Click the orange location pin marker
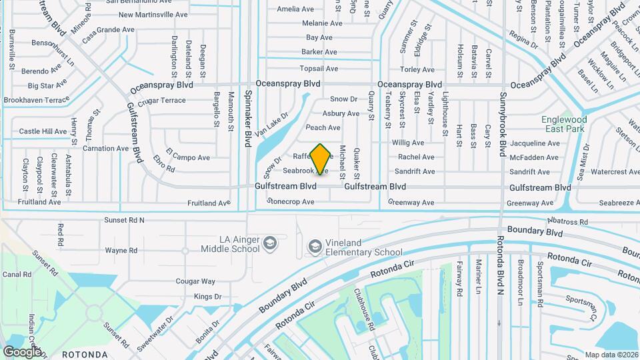pos(321,159)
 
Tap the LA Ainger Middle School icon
pos(269,241)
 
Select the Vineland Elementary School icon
pos(314,247)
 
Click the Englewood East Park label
pos(563,123)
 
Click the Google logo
pos(22,351)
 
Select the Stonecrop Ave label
pos(291,201)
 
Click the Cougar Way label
pos(195,282)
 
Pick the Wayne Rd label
pos(121,251)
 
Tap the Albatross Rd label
pos(567,221)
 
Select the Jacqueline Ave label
pos(534,143)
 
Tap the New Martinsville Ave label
pos(153,14)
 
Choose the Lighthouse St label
pos(445,114)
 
